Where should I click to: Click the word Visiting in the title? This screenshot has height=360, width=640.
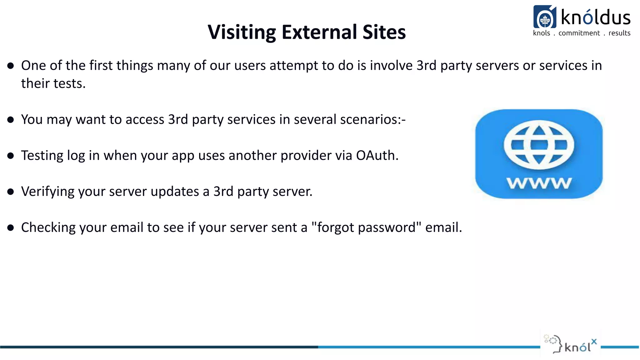pos(242,32)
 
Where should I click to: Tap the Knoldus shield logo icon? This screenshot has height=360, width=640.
pos(545,17)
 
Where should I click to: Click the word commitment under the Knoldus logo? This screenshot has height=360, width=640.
pos(579,33)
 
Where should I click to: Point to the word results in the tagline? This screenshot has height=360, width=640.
pos(619,33)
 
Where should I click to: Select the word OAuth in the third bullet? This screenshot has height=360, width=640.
pos(377,155)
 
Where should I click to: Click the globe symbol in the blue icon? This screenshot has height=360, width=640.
pos(539,145)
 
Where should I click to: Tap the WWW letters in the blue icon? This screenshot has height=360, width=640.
pos(539,183)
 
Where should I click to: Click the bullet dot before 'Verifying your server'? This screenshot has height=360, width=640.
pos(11,192)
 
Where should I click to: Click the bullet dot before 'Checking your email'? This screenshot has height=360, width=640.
pos(11,227)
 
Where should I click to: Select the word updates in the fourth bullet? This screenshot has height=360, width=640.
pos(175,192)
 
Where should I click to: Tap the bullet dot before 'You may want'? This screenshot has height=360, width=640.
pos(11,120)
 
